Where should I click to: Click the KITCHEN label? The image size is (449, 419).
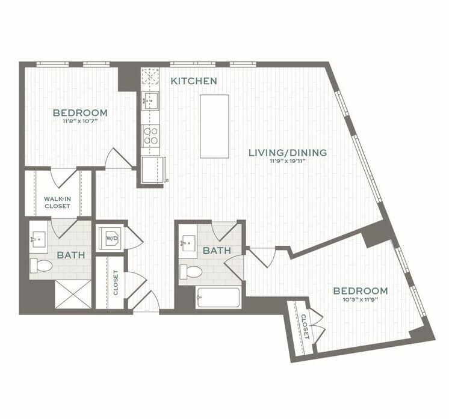[x=193, y=81]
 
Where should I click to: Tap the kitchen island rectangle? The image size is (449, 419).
[x=214, y=126]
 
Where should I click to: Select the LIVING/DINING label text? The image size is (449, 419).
[x=288, y=153]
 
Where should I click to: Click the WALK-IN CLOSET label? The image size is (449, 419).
[x=57, y=203]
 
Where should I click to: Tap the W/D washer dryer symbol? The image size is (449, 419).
[x=111, y=239]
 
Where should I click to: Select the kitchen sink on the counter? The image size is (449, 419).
[x=149, y=100]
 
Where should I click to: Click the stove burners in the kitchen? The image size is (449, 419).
[x=150, y=135]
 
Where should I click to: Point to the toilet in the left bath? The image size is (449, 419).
[x=41, y=265]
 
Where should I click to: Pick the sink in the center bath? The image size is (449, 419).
[x=189, y=243]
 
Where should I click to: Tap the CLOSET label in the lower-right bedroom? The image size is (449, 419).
[x=305, y=326]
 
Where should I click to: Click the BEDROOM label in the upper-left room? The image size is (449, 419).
[x=80, y=112]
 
